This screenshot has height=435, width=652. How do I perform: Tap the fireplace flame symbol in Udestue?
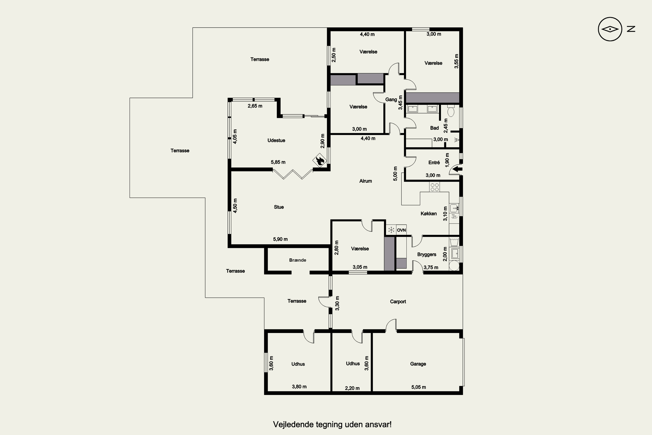coord(320,161)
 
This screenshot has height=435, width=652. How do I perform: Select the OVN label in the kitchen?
coord(401,230)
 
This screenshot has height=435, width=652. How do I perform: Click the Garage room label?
coord(418,364)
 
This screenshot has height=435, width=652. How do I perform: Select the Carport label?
coord(398,301)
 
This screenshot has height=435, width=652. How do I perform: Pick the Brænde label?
coord(298,260)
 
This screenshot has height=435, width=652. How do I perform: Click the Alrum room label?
coord(366,181)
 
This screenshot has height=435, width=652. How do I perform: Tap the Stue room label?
coord(279,207)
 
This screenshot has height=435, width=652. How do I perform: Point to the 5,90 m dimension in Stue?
coord(280,239)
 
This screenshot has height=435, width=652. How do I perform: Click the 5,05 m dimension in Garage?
coord(419,387)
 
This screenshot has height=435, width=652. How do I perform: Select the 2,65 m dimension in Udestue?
coord(255,106)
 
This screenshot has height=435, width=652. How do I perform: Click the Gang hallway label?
coord(391,99)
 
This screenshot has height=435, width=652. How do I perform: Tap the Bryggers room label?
coord(427,254)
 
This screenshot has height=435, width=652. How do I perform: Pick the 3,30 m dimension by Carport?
coord(337,303)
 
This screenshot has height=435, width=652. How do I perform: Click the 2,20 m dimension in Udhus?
coord(352,388)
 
